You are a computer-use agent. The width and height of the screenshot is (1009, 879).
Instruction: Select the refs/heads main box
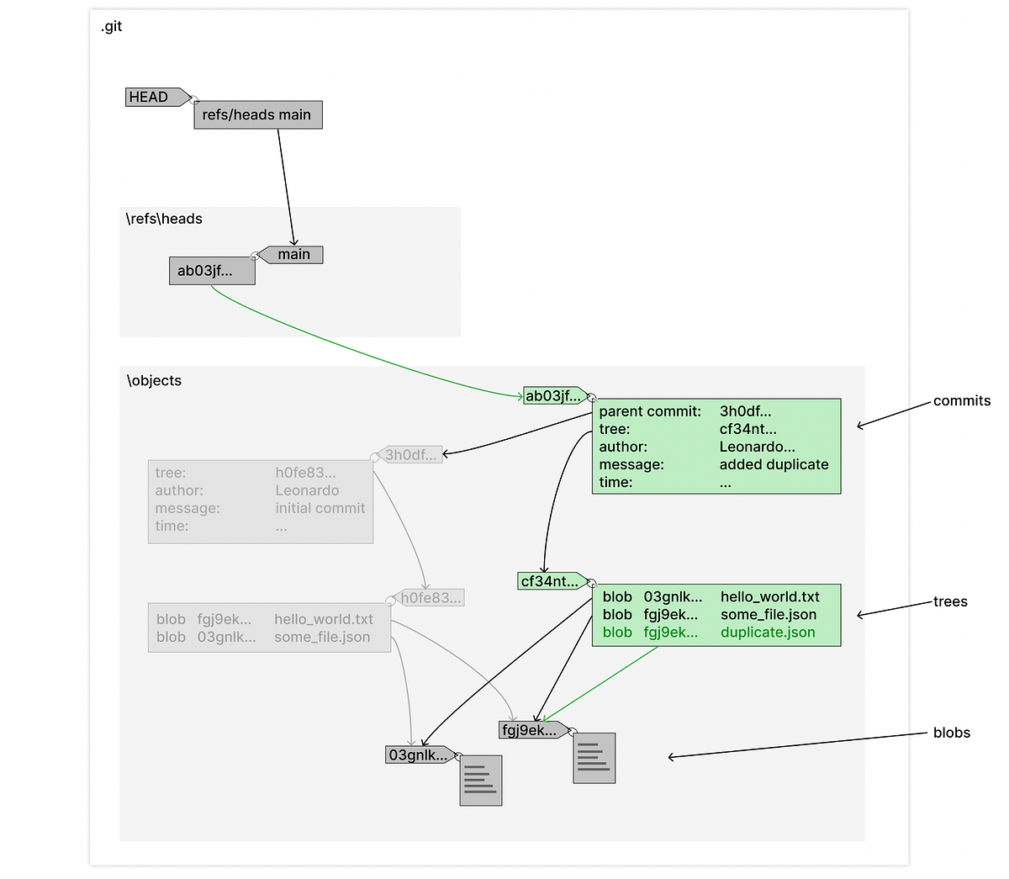pos(257,115)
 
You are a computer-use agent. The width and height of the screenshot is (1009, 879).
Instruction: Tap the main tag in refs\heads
pos(293,255)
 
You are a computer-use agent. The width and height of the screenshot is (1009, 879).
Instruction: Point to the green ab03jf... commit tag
pos(552,396)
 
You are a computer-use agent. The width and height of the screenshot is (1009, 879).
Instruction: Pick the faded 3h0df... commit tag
pos(410,455)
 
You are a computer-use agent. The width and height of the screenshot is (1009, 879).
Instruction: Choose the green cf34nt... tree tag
pos(550,581)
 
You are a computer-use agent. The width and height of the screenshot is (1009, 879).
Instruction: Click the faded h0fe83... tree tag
pos(430,598)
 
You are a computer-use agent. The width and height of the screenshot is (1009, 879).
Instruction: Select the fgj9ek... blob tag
pos(530,730)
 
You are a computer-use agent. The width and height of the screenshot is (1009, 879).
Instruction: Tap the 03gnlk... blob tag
pos(418,755)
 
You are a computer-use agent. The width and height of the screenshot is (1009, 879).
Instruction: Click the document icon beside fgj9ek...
pos(594,758)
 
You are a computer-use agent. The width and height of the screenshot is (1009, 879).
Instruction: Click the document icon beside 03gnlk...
pos(481,781)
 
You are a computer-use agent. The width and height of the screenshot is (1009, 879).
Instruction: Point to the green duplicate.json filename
pos(768,633)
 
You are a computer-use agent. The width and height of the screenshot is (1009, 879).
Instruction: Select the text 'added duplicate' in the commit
pos(774,464)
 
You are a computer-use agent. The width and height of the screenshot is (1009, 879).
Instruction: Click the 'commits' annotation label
pos(962,401)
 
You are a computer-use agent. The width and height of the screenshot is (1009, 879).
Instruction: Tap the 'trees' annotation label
pos(950,601)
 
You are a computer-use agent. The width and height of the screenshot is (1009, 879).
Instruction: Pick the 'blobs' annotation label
pos(951,733)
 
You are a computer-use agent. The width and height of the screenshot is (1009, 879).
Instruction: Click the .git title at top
pos(112,27)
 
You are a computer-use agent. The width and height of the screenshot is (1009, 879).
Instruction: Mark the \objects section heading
pos(154,381)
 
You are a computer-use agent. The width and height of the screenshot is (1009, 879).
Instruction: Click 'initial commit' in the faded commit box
pos(320,508)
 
